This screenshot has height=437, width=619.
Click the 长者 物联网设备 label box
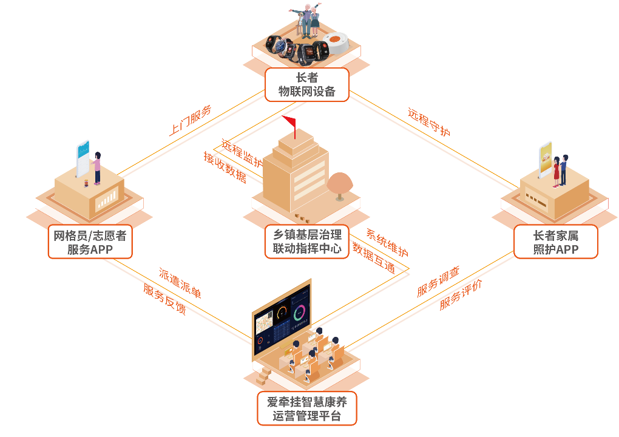pyautogui.click(x=306, y=84)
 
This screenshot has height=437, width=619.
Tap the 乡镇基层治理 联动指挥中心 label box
pyautogui.click(x=306, y=242)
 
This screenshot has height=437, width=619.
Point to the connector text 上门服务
pyautogui.click(x=191, y=120)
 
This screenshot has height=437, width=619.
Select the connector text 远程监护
pyautogui.click(x=242, y=152)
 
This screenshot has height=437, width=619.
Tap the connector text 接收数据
pyautogui.click(x=225, y=167)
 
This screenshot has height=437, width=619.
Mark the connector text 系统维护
pyautogui.click(x=387, y=242)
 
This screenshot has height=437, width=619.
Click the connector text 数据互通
pyautogui.click(x=374, y=258)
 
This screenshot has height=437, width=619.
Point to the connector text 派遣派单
pyautogui.click(x=180, y=283)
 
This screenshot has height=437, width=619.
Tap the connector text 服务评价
pyautogui.click(x=461, y=294)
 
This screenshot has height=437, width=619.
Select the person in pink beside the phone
pyautogui.click(x=96, y=168)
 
